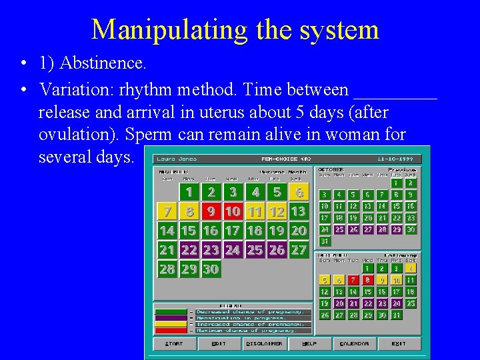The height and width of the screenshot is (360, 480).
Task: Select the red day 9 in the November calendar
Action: click(211, 212)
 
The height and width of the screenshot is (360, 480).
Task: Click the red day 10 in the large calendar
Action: click(233, 212)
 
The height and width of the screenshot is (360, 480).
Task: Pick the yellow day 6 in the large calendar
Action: click(299, 193)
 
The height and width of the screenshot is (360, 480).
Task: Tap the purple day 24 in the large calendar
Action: click(233, 251)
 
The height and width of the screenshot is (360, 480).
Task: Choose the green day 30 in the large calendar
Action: click(211, 270)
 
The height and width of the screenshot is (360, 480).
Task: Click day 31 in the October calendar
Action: click(324, 241)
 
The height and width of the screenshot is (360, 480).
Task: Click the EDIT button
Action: click(218, 344)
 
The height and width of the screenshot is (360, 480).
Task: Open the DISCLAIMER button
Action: click(264, 344)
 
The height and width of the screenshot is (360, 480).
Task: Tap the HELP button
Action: click(309, 344)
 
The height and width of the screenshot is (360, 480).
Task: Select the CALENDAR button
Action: click(354, 344)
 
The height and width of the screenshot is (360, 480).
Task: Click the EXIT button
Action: click(399, 344)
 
